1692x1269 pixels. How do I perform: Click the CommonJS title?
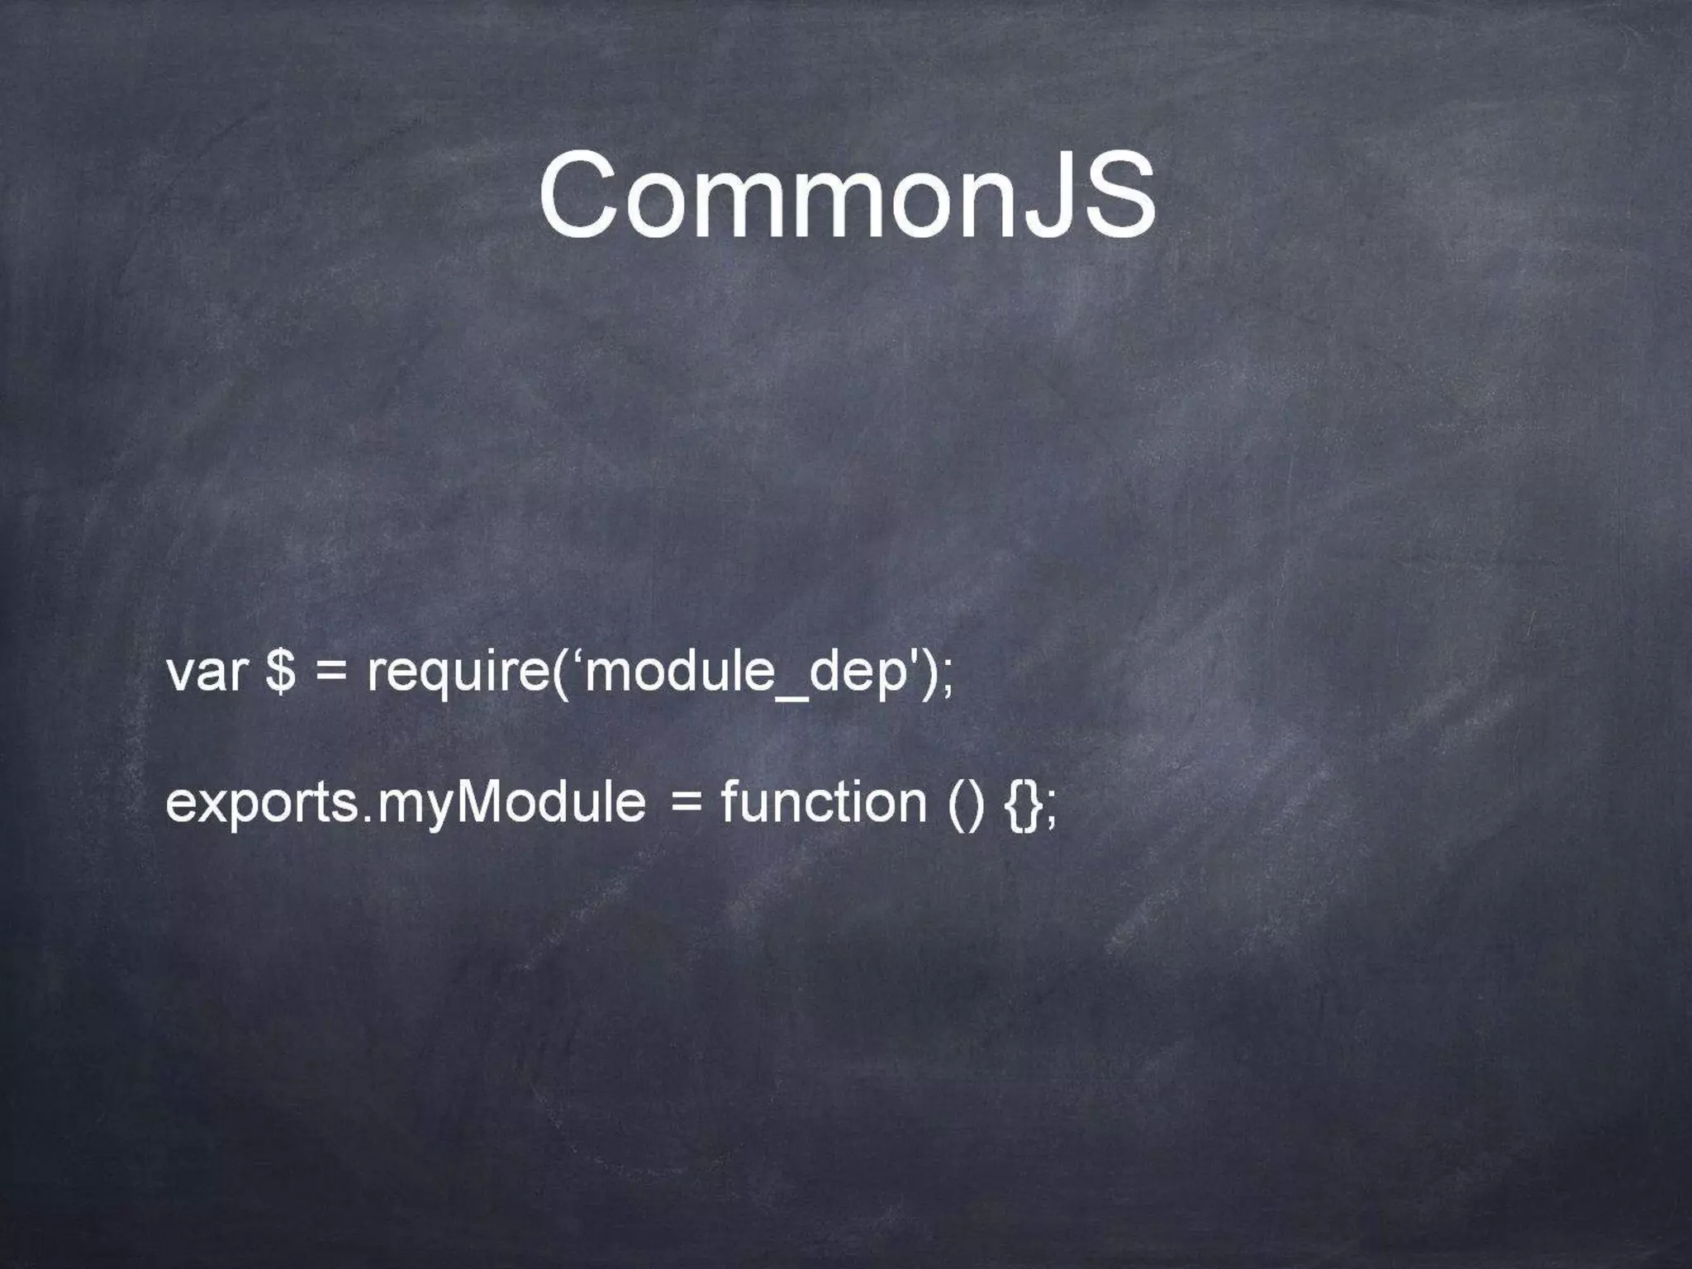coord(846,195)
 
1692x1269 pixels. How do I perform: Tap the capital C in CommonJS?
coord(580,195)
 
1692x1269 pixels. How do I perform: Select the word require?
coord(459,673)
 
